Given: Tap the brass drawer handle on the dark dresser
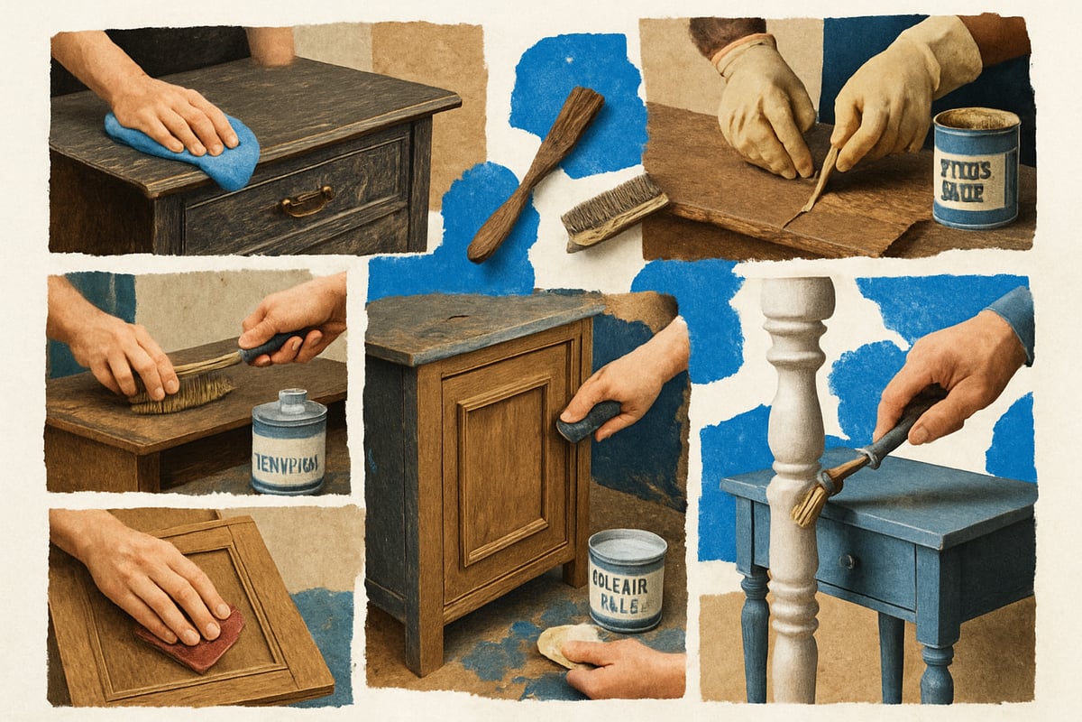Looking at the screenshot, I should pos(304,201).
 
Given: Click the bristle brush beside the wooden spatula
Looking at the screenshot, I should pos(613,209).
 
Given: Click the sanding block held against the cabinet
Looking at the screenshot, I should pos(586,421).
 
